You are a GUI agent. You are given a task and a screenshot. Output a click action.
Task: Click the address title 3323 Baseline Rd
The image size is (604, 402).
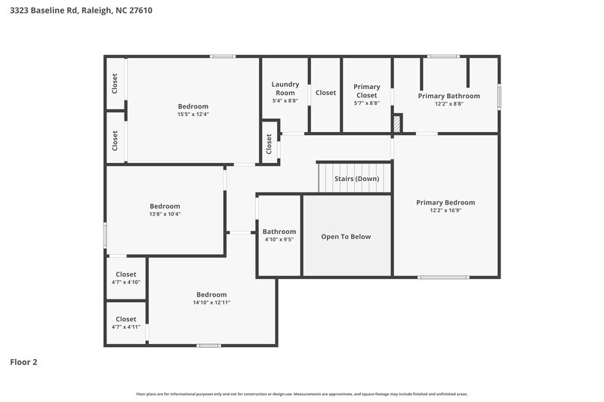(x=82, y=11)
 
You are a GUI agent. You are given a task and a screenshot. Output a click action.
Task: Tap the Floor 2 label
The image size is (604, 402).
(x=23, y=362)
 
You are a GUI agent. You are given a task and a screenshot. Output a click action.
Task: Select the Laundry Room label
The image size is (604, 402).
(x=285, y=88)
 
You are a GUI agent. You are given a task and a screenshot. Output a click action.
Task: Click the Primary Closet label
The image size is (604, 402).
(x=367, y=91)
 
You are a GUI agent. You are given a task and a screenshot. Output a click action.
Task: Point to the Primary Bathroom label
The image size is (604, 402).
(x=448, y=96)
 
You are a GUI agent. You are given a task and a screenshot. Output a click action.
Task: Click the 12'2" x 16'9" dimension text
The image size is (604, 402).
(x=445, y=210)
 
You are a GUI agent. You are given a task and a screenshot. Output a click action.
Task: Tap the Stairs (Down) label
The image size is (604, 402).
(x=356, y=179)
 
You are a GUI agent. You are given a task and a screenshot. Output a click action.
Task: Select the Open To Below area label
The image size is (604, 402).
(x=346, y=236)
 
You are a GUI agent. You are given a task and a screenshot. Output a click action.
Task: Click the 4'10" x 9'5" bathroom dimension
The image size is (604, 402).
(x=279, y=240)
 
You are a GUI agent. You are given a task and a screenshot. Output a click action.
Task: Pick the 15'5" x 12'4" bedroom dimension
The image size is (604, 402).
(x=193, y=115)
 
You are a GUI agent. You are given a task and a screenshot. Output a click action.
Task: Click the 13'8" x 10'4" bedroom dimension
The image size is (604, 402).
(x=165, y=214)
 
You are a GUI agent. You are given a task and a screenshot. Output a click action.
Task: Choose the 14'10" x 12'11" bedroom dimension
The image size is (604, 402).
(x=211, y=302)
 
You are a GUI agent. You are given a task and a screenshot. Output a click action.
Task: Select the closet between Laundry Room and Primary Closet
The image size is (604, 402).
(x=325, y=93)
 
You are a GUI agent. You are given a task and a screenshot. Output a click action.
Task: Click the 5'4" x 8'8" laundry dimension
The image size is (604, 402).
(x=285, y=100)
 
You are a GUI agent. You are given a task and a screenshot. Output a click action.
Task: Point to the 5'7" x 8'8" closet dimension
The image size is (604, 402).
(x=367, y=103)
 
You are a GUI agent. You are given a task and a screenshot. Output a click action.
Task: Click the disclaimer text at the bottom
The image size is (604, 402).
(x=301, y=394)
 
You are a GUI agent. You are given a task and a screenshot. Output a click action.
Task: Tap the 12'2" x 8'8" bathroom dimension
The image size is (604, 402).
(x=448, y=104)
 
